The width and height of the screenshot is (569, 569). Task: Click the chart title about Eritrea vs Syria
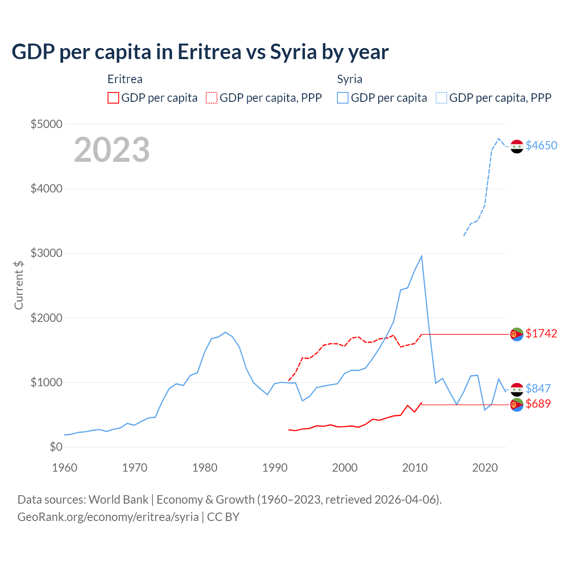pyautogui.click(x=200, y=52)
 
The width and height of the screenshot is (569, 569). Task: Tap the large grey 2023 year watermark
pyautogui.click(x=112, y=150)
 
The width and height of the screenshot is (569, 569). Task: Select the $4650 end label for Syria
pyautogui.click(x=541, y=145)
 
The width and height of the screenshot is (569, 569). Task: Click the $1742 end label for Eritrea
pyautogui.click(x=541, y=333)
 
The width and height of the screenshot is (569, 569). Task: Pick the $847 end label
pyautogui.click(x=538, y=389)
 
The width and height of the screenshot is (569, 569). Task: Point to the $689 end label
pyautogui.click(x=538, y=404)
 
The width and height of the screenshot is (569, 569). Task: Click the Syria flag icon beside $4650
pyautogui.click(x=517, y=146)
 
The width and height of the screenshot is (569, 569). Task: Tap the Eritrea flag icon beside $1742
pyautogui.click(x=517, y=334)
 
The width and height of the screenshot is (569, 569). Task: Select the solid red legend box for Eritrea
pyautogui.click(x=113, y=98)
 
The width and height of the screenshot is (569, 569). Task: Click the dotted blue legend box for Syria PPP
pyautogui.click(x=441, y=98)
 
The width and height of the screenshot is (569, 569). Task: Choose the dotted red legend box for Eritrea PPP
pyautogui.click(x=212, y=98)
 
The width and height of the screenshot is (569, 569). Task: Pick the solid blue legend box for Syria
pyautogui.click(x=343, y=98)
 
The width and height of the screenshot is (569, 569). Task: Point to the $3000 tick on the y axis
pyautogui.click(x=46, y=253)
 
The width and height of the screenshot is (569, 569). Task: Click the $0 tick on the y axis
pyautogui.click(x=56, y=447)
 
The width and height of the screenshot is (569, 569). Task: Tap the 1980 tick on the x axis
pyautogui.click(x=205, y=468)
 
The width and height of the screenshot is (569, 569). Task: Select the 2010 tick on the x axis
pyautogui.click(x=415, y=468)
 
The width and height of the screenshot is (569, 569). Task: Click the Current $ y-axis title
pyautogui.click(x=19, y=285)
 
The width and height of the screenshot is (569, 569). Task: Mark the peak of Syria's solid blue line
pyautogui.click(x=421, y=256)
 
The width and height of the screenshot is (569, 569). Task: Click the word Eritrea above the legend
pyautogui.click(x=125, y=79)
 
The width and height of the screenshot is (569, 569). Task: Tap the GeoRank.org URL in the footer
pyautogui.click(x=108, y=517)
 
